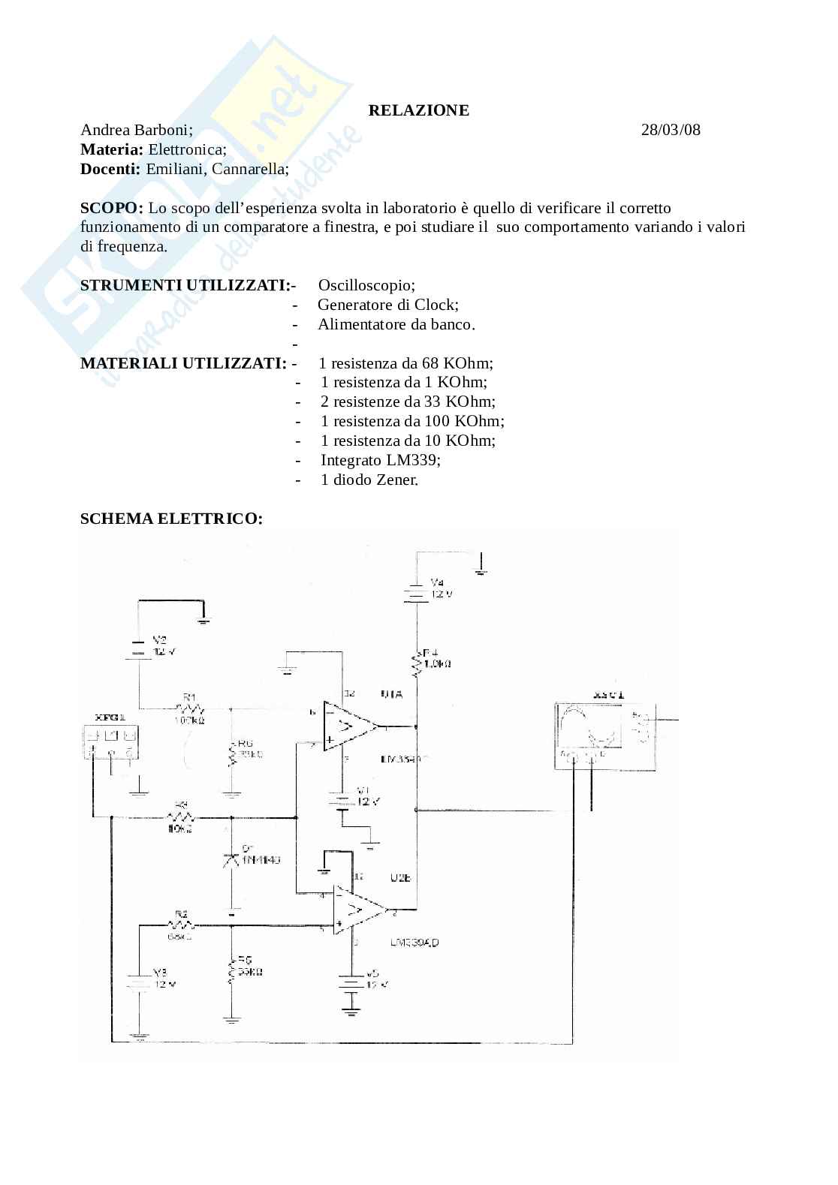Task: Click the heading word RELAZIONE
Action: click(418, 110)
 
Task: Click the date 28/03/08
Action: click(671, 130)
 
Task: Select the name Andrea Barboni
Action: click(136, 130)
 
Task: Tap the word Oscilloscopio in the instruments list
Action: click(366, 286)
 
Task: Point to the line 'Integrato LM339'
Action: click(380, 460)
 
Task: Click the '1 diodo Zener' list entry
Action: click(369, 480)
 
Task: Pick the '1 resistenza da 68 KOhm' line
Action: click(405, 364)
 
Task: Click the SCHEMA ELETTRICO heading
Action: click(171, 519)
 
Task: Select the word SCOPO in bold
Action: click(110, 208)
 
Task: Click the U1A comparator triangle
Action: click(348, 726)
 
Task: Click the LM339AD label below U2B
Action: click(414, 943)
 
